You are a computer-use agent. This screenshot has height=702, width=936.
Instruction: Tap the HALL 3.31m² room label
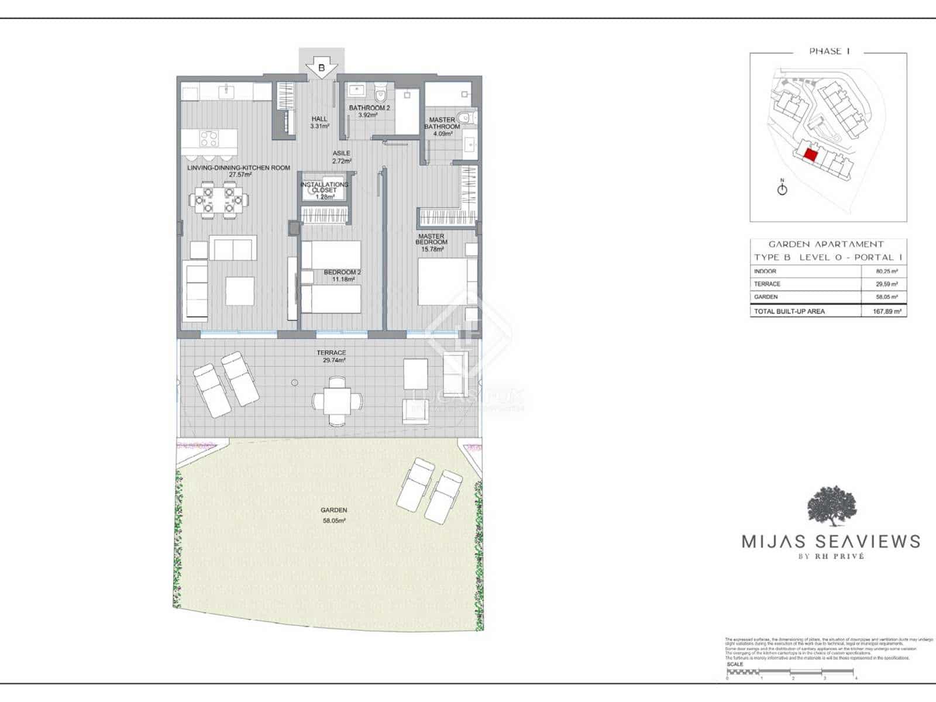pyautogui.click(x=319, y=122)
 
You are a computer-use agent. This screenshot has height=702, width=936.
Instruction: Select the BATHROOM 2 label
pyautogui.click(x=369, y=111)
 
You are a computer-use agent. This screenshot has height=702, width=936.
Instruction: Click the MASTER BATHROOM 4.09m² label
pyautogui.click(x=442, y=126)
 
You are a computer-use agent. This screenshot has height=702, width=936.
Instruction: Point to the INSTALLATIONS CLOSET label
pyautogui.click(x=324, y=190)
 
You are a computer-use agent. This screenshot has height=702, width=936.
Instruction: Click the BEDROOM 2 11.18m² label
pyautogui.click(x=342, y=276)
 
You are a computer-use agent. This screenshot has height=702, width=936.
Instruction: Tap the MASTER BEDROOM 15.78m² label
pyautogui.click(x=432, y=242)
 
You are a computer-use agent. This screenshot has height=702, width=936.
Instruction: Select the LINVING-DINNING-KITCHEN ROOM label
pyautogui.click(x=239, y=171)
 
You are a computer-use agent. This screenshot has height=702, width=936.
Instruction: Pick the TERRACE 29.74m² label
pyautogui.click(x=331, y=356)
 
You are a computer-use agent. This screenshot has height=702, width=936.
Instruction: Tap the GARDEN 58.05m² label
pyautogui.click(x=333, y=515)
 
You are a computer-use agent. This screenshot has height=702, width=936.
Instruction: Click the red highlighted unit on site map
pyautogui.click(x=810, y=154)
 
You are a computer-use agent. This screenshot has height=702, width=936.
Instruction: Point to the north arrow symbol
pyautogui.click(x=782, y=188)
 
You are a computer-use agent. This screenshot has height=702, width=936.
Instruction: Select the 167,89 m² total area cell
pyautogui.click(x=886, y=311)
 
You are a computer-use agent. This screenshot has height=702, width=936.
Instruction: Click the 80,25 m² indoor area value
pyautogui.click(x=886, y=271)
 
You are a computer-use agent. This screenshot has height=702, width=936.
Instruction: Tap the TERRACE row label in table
pyautogui.click(x=767, y=284)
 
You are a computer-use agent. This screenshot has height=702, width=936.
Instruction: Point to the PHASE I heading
pyautogui.click(x=829, y=51)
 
